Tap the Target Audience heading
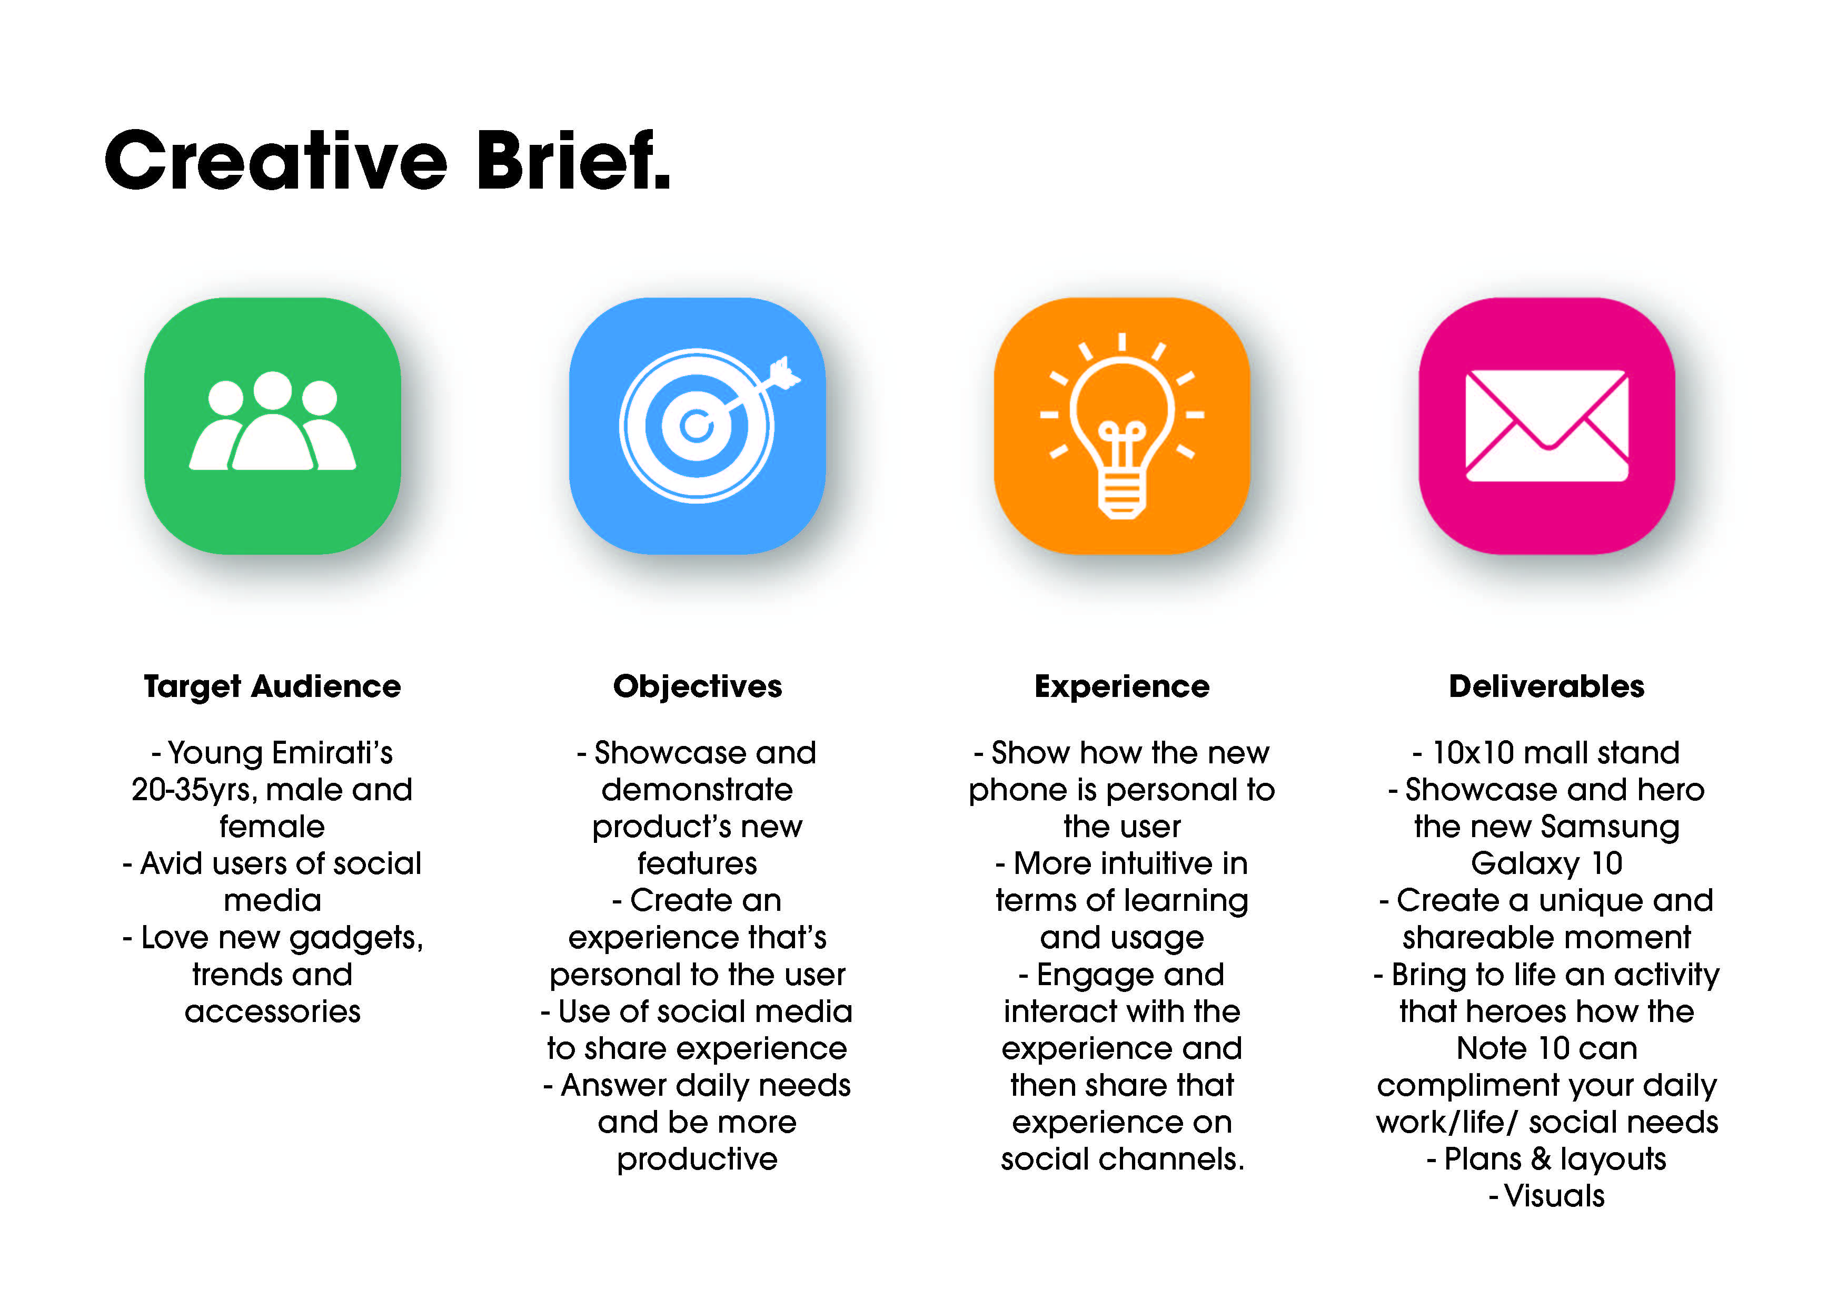tap(272, 686)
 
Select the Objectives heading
tap(698, 686)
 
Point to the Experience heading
tap(1122, 686)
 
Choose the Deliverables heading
tap(1547, 686)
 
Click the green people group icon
tap(273, 426)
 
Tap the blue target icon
tap(698, 426)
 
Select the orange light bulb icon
tap(1122, 426)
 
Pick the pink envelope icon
tap(1547, 426)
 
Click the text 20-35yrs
tap(190, 790)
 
